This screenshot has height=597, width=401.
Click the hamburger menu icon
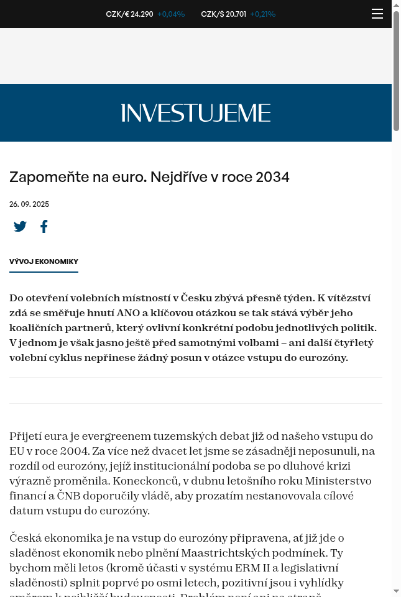click(377, 14)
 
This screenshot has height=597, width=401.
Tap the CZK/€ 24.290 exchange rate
click(129, 14)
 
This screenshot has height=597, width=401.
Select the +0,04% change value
click(171, 14)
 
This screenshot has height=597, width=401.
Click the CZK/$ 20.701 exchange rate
click(223, 14)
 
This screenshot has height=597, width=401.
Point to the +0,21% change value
click(263, 14)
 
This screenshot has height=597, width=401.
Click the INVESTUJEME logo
click(196, 113)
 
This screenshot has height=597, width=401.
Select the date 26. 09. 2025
click(29, 204)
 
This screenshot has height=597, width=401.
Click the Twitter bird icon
click(21, 227)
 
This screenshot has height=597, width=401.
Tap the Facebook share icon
click(44, 227)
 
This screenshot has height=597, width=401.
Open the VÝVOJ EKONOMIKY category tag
click(44, 262)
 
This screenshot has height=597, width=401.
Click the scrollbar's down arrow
click(396, 590)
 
